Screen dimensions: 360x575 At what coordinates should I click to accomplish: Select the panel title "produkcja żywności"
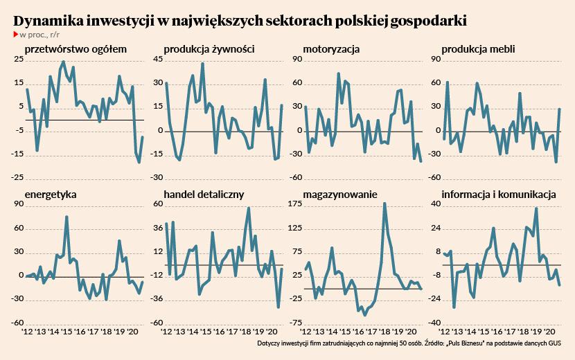(208, 49)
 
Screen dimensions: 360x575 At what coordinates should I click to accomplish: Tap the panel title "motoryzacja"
(331, 49)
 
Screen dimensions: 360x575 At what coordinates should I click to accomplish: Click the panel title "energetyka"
(50, 195)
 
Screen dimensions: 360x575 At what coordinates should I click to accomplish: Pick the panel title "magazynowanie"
(340, 195)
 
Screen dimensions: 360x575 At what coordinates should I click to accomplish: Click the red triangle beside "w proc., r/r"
(15, 34)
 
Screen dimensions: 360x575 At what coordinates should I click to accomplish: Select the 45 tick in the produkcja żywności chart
(157, 60)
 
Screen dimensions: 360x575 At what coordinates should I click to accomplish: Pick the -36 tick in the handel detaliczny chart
(157, 299)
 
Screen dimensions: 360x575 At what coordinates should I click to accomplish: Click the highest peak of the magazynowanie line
(384, 204)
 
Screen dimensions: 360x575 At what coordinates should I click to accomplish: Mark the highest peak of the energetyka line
(67, 217)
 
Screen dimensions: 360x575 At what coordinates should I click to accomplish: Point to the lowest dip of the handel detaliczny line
(278, 307)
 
